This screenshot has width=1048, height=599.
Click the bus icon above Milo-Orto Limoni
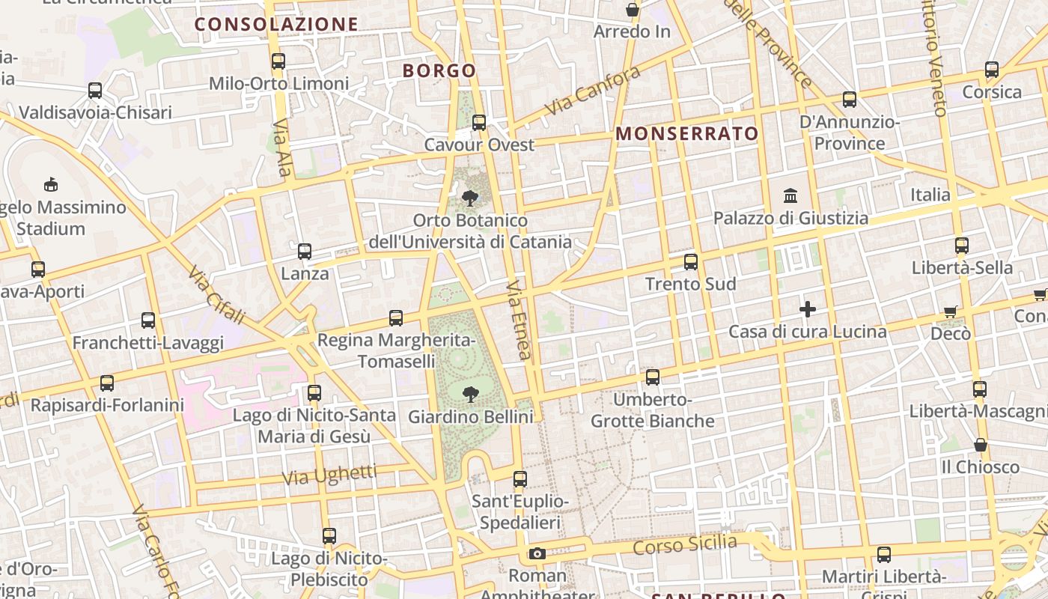click(278, 61)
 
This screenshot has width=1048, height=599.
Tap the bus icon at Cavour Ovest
click(479, 122)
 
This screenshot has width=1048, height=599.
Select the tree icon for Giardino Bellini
click(471, 394)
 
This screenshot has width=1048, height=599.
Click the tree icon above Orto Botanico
click(470, 198)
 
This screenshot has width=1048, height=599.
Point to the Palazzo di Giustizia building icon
click(790, 195)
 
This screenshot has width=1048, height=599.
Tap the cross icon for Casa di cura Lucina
click(808, 308)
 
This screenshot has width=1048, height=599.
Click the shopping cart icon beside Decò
click(951, 311)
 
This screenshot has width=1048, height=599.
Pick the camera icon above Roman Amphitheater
click(537, 554)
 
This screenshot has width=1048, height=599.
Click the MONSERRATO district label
click(687, 134)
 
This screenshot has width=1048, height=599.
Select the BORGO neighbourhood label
click(439, 70)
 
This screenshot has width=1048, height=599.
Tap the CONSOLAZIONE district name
click(276, 24)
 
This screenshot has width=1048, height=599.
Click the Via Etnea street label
click(519, 320)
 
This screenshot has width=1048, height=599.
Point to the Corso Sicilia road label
click(685, 544)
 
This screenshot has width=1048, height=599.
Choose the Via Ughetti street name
click(330, 475)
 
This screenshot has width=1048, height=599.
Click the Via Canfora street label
click(593, 91)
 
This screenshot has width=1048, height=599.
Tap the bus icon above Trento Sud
click(691, 262)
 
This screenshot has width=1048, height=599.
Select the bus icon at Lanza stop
click(305, 252)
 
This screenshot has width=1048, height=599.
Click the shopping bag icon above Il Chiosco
click(981, 445)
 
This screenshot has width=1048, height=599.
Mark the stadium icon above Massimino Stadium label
click(51, 184)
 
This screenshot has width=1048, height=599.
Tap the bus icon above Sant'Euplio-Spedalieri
click(520, 479)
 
